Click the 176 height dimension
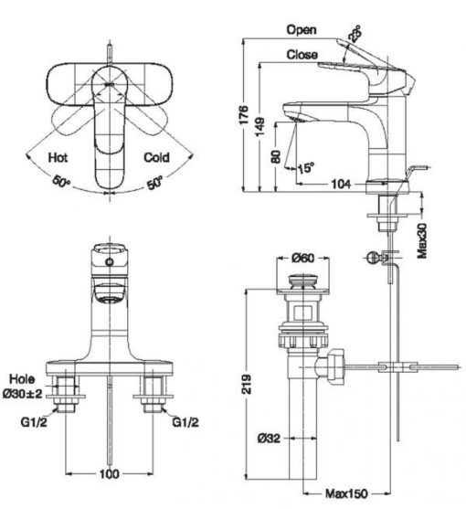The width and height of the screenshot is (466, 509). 243,114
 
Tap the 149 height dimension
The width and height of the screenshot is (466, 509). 259,127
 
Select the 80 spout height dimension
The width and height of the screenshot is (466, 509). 276,156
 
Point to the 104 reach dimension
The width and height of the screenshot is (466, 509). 341,184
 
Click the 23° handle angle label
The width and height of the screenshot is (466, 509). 355,34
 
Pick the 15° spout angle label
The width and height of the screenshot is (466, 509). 306,168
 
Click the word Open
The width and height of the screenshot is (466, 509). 302,30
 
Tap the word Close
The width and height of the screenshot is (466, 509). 302,54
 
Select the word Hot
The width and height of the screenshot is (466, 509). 58,157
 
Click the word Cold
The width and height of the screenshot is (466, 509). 157,157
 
